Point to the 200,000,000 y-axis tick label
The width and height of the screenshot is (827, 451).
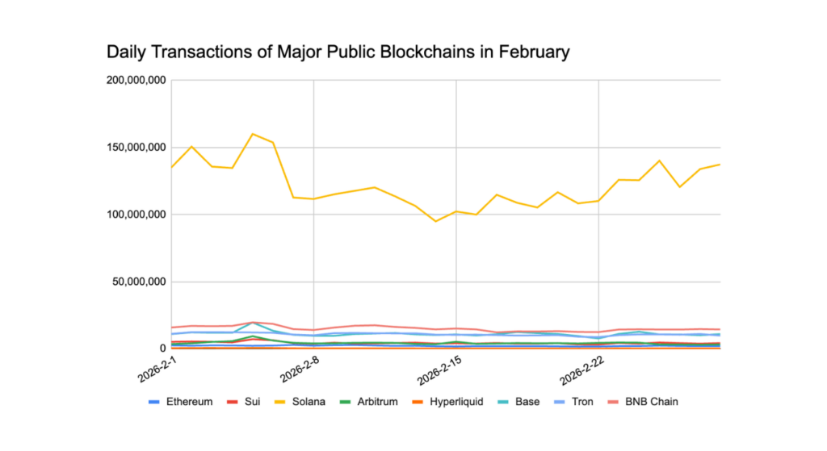pos(136,80)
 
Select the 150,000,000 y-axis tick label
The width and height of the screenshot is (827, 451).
pos(136,148)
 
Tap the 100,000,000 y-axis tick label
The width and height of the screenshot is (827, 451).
pos(136,215)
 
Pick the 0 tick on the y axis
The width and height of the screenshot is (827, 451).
pos(163,349)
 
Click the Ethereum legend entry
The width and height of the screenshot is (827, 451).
pos(181,401)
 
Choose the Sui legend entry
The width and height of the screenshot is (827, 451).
pos(246,401)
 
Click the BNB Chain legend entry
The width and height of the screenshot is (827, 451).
pos(643,401)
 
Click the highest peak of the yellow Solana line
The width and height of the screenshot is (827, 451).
pos(253,134)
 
